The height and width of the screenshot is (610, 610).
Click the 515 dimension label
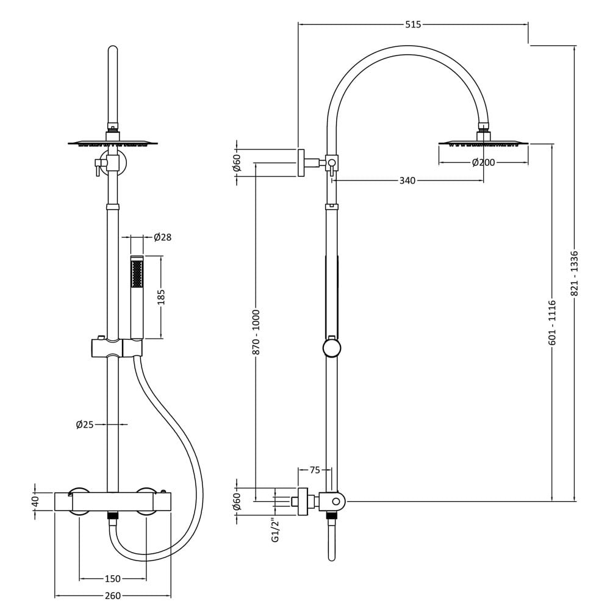tap(413, 24)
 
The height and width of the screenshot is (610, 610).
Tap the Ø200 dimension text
tap(483, 163)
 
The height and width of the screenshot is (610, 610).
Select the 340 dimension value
tap(407, 181)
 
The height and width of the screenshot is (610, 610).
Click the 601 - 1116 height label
tap(553, 322)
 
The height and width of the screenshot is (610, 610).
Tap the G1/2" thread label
tap(276, 530)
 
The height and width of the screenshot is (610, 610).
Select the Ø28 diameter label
tap(163, 237)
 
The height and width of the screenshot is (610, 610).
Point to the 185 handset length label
tap(162, 297)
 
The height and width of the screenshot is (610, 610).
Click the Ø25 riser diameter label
tap(85, 425)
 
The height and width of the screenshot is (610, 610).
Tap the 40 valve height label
tap(35, 501)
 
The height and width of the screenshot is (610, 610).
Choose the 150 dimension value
tap(112, 579)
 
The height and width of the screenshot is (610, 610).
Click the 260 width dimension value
tap(113, 595)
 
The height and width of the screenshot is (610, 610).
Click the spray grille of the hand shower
tap(137, 274)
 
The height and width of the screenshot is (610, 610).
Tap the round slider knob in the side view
tap(332, 348)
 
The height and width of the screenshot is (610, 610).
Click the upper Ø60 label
tap(237, 163)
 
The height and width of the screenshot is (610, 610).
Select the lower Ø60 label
tap(237, 501)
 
